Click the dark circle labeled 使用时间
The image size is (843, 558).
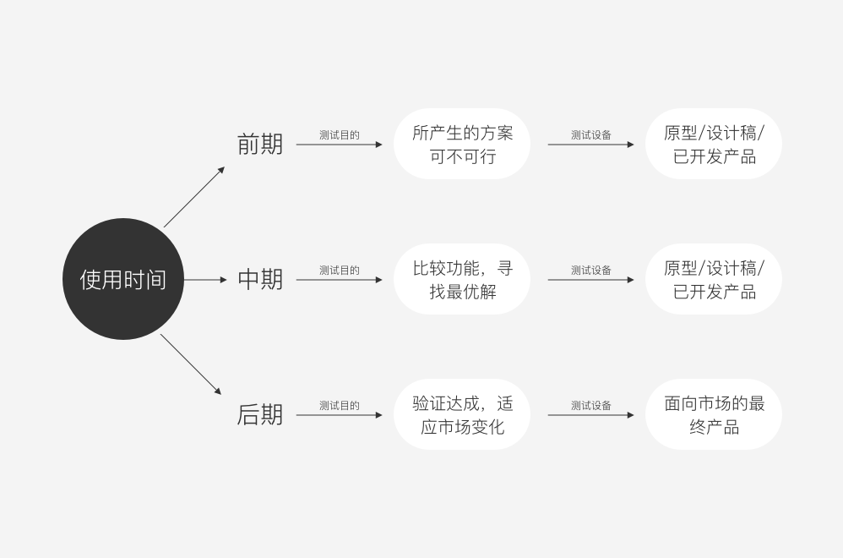coord(123,279)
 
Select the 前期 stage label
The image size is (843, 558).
coord(260,145)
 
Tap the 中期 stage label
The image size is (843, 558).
coord(260,279)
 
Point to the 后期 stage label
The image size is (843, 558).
coord(260,415)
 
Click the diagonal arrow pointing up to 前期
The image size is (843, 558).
coord(194,197)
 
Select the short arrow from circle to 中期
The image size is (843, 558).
coord(205,279)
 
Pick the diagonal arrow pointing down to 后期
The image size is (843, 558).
coord(191,364)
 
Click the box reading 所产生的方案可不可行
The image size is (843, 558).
coord(462,145)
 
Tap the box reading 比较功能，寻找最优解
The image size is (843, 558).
coord(462,280)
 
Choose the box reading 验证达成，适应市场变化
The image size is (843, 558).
coord(462,415)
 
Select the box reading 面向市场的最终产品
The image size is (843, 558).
coord(714,415)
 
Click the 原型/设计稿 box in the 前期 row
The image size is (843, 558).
coord(714,145)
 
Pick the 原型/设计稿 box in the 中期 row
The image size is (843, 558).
coord(714,280)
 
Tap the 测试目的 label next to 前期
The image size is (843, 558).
coord(340,135)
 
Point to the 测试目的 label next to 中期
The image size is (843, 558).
coord(340,271)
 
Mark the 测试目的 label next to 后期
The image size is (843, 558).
coord(340,406)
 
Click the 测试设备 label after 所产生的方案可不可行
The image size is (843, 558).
coord(591,135)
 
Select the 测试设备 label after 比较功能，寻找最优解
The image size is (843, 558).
coord(591,271)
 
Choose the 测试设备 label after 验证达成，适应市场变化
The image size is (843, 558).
coord(591,406)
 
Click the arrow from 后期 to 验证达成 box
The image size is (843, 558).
coord(340,415)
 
